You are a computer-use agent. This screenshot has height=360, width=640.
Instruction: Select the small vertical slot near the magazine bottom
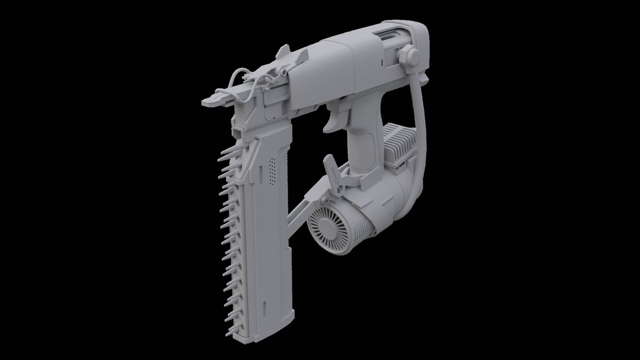(265, 310)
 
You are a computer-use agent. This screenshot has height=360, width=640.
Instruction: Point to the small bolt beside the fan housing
(324, 200)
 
